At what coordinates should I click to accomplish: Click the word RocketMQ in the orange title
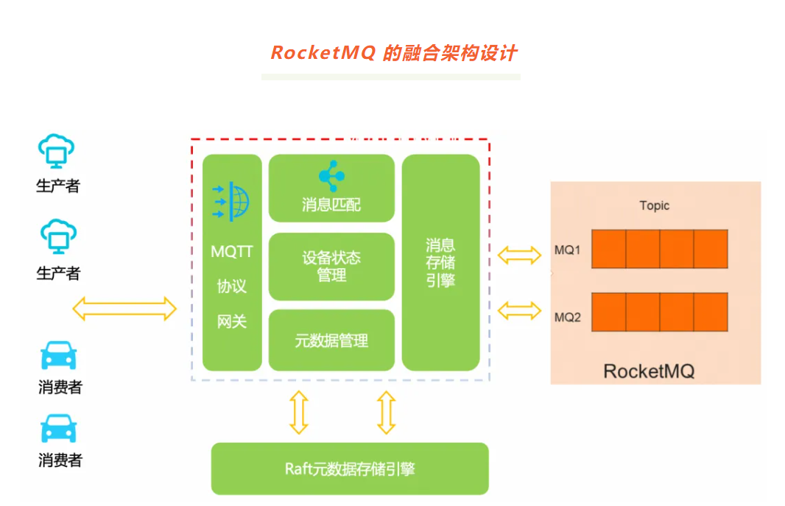point(323,53)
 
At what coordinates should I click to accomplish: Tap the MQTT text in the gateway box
point(232,252)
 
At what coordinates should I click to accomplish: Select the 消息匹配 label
point(331,205)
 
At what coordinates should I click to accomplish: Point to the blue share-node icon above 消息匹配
point(331,176)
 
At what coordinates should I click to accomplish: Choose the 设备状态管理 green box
point(331,267)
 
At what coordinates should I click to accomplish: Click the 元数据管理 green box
point(331,340)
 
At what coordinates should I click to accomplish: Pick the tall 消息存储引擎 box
point(440,262)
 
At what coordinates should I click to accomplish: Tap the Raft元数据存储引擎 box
point(350,468)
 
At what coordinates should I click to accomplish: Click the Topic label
point(654,205)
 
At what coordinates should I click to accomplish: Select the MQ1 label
point(568,250)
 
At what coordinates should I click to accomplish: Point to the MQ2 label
point(568,317)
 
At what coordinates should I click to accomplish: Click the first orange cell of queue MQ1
point(609,249)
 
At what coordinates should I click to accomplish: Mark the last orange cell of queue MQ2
point(711,312)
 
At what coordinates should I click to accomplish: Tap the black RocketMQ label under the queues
point(649,370)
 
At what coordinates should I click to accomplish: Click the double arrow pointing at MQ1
point(519,256)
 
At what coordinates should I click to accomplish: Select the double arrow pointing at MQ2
point(519,311)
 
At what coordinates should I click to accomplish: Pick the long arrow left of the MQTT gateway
point(124,309)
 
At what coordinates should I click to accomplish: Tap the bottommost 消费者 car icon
point(58,429)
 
